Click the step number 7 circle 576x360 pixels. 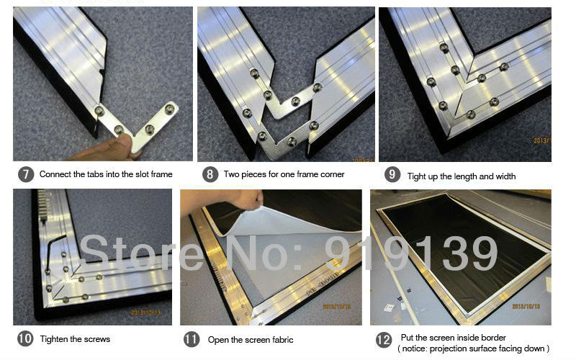point(26,174)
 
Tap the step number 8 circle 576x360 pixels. point(210,174)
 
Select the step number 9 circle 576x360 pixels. point(392,174)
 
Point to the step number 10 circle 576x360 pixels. point(25,338)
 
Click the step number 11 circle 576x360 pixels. point(192,339)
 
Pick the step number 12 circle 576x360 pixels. point(384,340)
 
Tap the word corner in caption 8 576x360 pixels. point(332,174)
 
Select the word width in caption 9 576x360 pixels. point(505,176)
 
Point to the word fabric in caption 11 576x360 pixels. point(282,340)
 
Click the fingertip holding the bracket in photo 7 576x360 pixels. point(124,141)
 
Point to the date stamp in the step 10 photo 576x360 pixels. point(146,312)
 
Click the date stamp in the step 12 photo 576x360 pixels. point(526,307)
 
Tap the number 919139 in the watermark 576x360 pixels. point(410,253)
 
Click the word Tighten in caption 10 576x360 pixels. point(53,339)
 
